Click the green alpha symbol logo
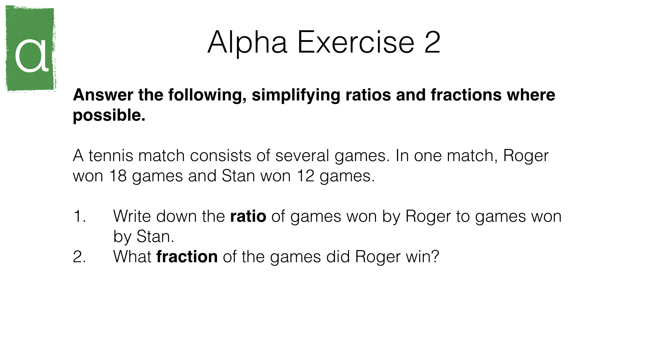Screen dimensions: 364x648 tap(31, 49)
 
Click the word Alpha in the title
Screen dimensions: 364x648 tap(247, 42)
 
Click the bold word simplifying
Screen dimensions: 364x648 tap(296, 95)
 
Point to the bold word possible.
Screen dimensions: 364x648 tap(109, 116)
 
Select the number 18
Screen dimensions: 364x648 tap(118, 176)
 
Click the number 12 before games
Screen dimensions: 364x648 tap(305, 176)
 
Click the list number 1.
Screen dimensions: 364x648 tap(79, 216)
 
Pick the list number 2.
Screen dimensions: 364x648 tap(79, 257)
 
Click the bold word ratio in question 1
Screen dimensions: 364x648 tap(248, 216)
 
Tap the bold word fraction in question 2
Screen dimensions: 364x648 tap(187, 257)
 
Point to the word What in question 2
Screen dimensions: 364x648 tap(132, 257)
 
